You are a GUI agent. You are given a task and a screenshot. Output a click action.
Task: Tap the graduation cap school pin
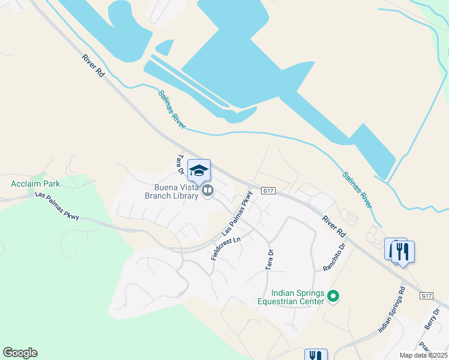pyautogui.click(x=199, y=171)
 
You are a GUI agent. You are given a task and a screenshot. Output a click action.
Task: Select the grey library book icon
pyautogui.click(x=208, y=191)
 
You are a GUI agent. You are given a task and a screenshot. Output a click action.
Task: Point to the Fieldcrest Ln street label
pyautogui.click(x=225, y=247)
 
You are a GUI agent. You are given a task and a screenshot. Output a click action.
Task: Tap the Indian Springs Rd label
pyautogui.click(x=392, y=310)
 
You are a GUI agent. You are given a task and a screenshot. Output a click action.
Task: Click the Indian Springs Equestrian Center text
pyautogui.click(x=292, y=297)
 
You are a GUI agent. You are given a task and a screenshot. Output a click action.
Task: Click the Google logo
pyautogui.click(x=20, y=353)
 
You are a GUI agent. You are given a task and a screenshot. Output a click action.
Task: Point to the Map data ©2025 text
pyautogui.click(x=423, y=355)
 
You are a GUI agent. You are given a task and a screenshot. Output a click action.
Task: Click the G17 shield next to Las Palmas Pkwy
pyautogui.click(x=268, y=191)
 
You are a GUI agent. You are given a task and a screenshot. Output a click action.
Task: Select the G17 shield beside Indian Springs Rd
pyautogui.click(x=427, y=296)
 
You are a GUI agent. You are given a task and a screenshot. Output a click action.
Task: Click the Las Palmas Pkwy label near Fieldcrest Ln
pyautogui.click(x=237, y=213)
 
